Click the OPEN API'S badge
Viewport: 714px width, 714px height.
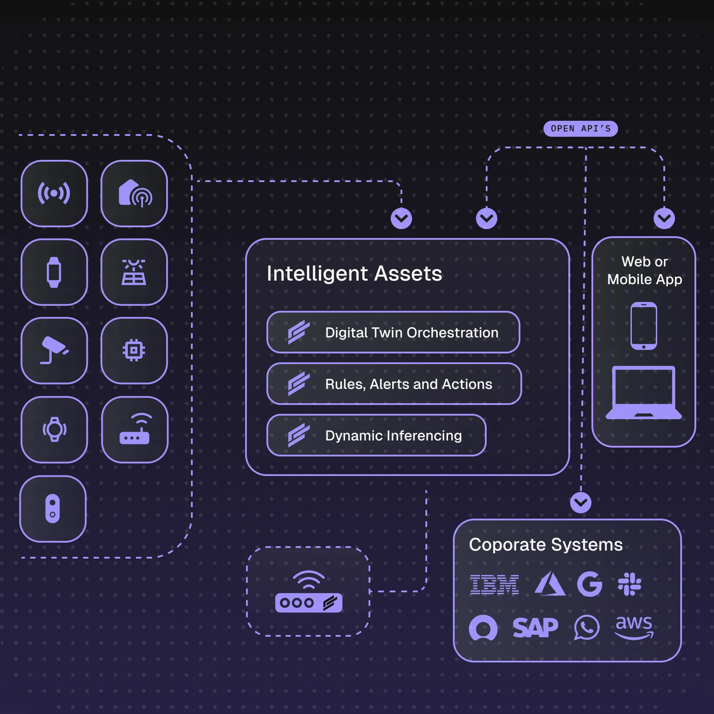point(580,129)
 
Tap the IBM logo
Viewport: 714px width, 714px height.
point(494,584)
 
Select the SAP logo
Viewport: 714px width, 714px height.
point(535,628)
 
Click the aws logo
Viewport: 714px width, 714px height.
point(634,627)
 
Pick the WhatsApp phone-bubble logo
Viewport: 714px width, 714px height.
point(586,627)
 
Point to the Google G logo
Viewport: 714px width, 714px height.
point(589,584)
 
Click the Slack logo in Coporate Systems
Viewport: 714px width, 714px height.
point(629,584)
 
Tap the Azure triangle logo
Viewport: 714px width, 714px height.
point(550,584)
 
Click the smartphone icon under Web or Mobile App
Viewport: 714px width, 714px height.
point(643,326)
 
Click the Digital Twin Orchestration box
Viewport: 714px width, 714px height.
point(393,333)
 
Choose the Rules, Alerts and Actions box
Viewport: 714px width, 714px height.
point(394,384)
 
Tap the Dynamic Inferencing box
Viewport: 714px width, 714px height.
point(376,436)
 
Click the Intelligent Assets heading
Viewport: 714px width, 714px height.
point(354,274)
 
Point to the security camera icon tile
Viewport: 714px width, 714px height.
point(54,351)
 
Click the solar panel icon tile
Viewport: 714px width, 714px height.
point(134,272)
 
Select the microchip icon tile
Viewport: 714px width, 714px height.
point(134,351)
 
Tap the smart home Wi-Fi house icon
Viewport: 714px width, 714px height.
point(134,194)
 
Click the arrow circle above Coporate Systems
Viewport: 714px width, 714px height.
point(580,503)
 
